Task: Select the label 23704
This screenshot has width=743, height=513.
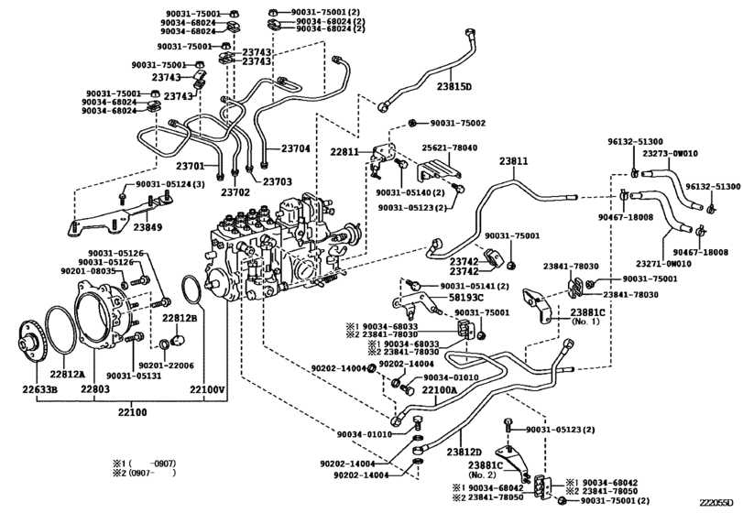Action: click(x=295, y=147)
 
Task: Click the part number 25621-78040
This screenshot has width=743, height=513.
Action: click(x=449, y=147)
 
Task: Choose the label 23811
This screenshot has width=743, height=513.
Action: click(x=513, y=161)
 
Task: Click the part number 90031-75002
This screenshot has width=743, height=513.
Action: click(x=458, y=123)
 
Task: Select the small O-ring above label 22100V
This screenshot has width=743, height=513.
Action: click(x=192, y=289)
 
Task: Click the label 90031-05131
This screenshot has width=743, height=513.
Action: click(x=134, y=376)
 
